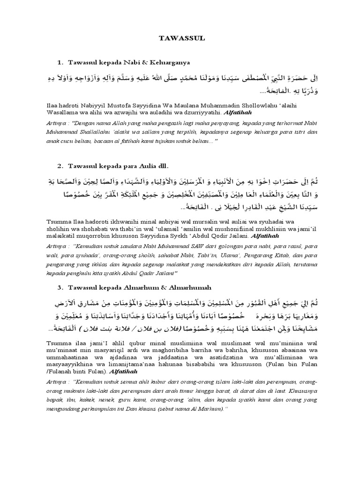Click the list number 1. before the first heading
click(60, 62)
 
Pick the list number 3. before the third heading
click(60, 287)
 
